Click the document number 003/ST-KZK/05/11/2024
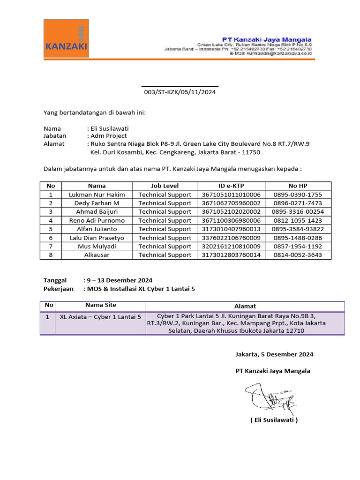click(x=180, y=92)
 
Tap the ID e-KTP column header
click(x=231, y=186)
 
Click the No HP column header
click(x=298, y=186)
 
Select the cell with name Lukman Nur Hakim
click(x=97, y=195)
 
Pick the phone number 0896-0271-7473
click(x=298, y=203)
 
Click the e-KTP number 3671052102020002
click(x=231, y=212)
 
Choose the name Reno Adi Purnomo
click(x=97, y=220)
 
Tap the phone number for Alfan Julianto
click(x=298, y=229)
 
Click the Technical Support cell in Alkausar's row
click(x=165, y=255)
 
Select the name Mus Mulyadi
click(x=97, y=247)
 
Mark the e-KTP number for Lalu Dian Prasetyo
click(x=231, y=238)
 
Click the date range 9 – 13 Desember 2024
click(x=119, y=280)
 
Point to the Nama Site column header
click(x=100, y=305)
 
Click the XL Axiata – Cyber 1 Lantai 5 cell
click(x=100, y=317)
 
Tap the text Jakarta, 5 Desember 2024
click(x=274, y=354)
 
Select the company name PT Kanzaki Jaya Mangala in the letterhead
click(x=267, y=39)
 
